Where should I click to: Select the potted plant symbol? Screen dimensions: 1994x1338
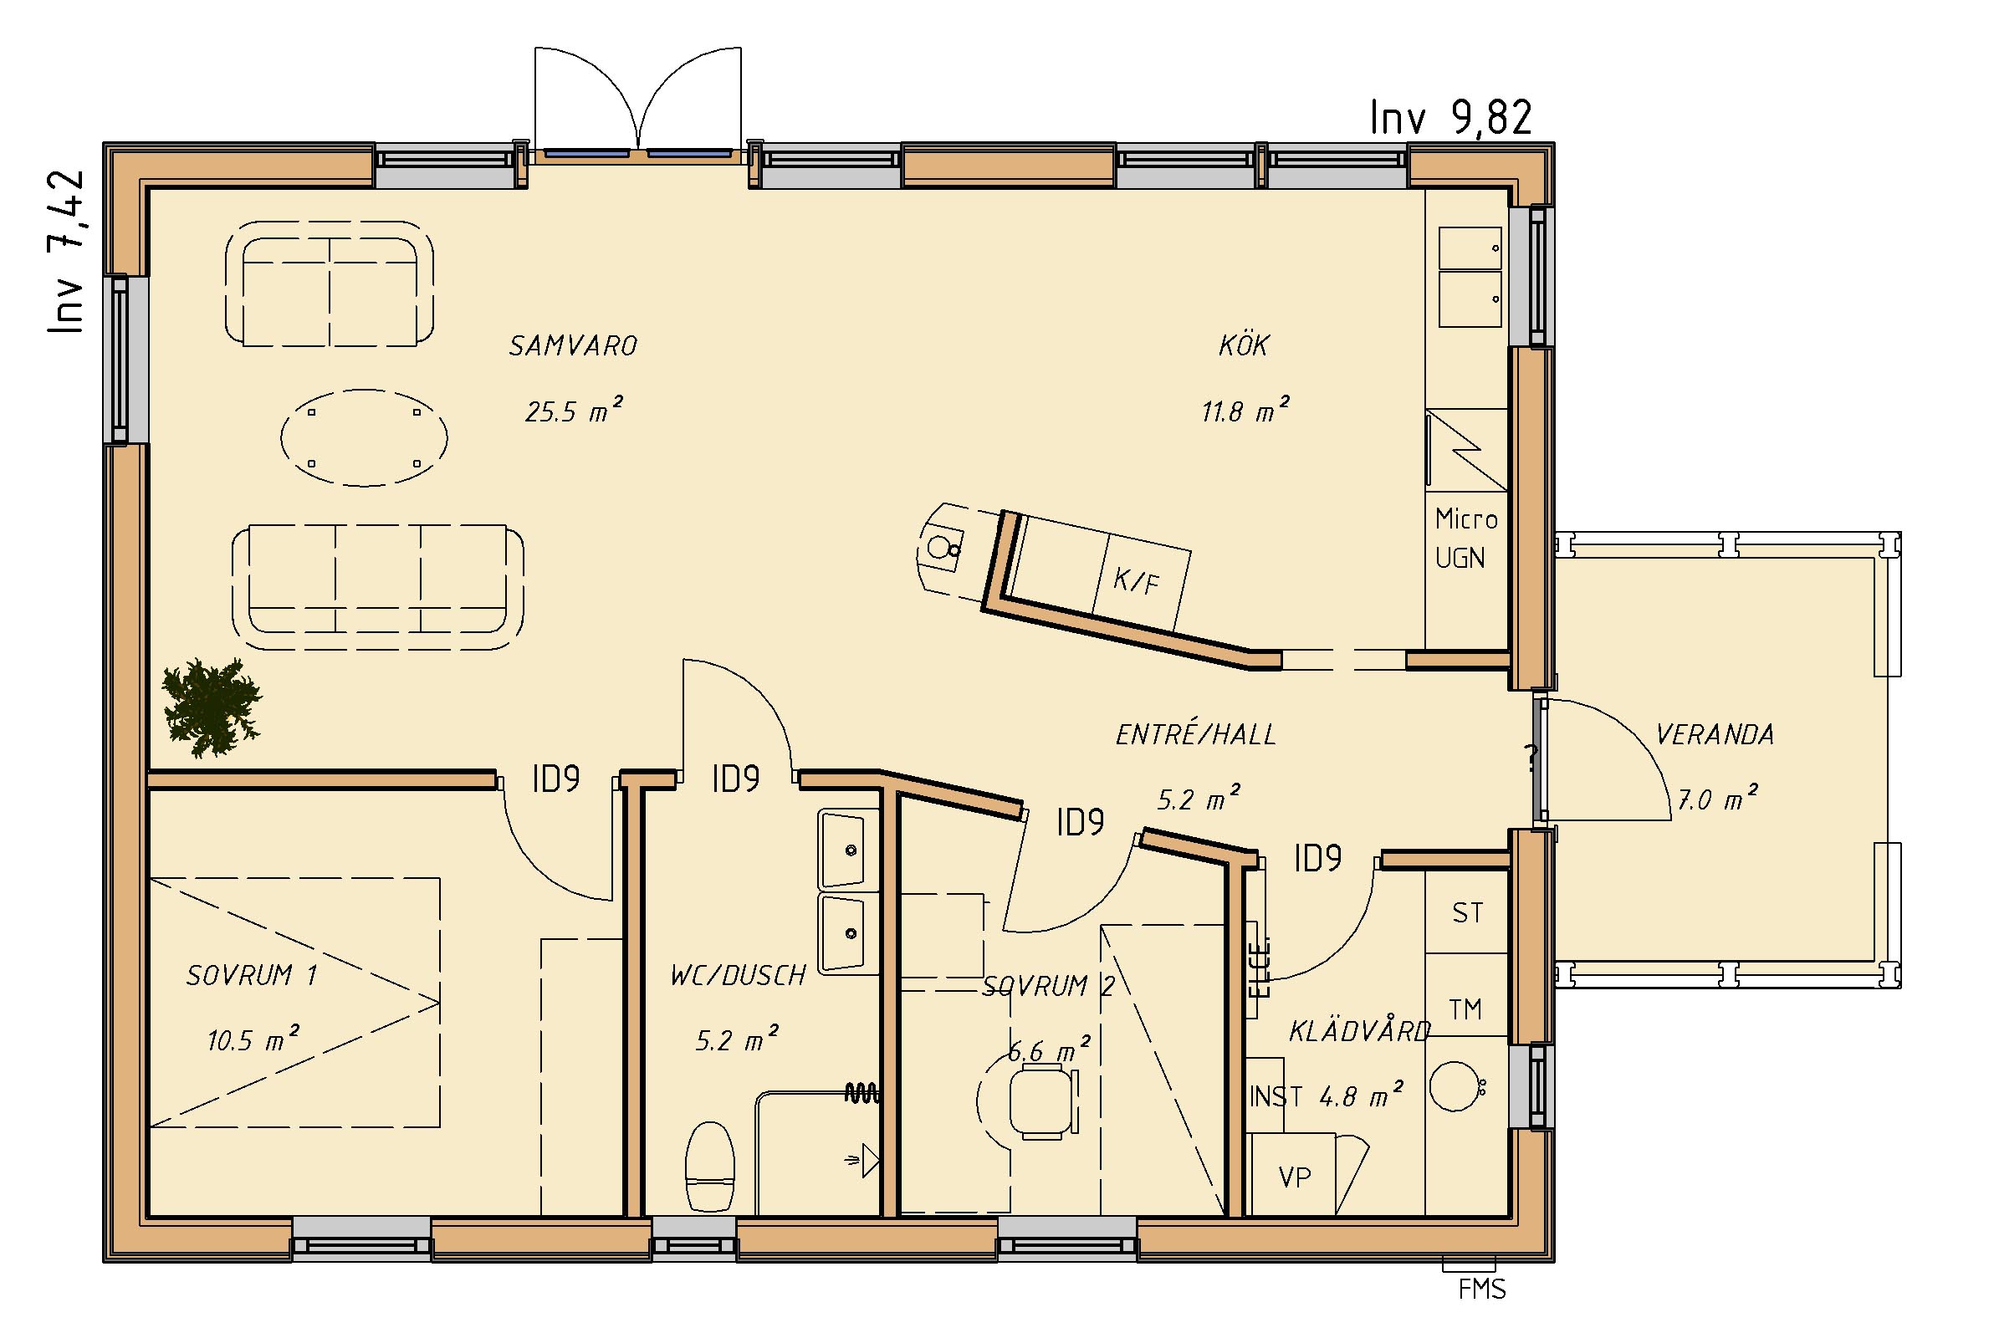tap(212, 707)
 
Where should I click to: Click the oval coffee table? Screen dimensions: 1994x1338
tap(365, 437)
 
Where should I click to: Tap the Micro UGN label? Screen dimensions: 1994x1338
tap(1466, 538)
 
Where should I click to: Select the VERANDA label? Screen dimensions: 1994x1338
tap(1714, 735)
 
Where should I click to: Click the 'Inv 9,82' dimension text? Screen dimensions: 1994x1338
tap(1450, 118)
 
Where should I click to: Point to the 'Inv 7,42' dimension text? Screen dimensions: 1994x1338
tap(66, 251)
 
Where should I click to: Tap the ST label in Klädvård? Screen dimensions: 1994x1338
tap(1467, 913)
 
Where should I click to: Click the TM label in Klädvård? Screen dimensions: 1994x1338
tap(1465, 1009)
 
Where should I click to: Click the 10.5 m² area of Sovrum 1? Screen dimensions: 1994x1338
tap(253, 1039)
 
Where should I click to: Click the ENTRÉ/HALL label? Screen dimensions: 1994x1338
tap(1195, 735)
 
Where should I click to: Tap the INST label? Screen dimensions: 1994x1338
tap(1276, 1095)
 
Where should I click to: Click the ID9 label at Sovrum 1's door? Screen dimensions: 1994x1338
tap(556, 779)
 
